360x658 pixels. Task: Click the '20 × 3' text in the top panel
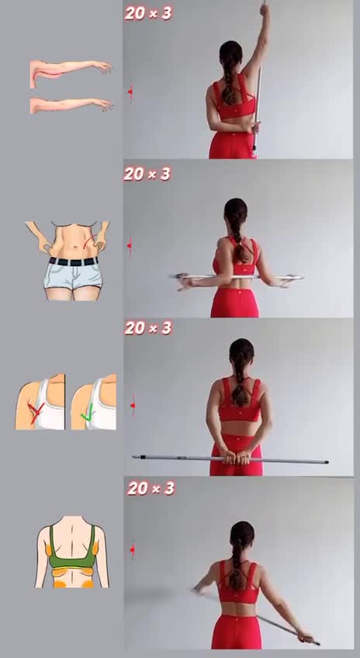pos(148,13)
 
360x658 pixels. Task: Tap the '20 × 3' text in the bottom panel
pos(151,488)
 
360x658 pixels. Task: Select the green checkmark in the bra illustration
pos(88,413)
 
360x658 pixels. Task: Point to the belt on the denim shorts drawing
pos(74,261)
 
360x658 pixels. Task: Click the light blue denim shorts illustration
pos(73,276)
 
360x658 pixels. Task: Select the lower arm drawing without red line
pos(71,105)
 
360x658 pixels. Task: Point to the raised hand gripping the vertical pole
pos(264,9)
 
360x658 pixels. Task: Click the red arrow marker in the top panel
pos(130,91)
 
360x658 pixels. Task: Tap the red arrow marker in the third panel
pos(133,405)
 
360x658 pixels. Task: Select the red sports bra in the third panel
pos(239,400)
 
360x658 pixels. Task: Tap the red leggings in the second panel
pos(235,302)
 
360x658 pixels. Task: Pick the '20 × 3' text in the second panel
pos(147,173)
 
